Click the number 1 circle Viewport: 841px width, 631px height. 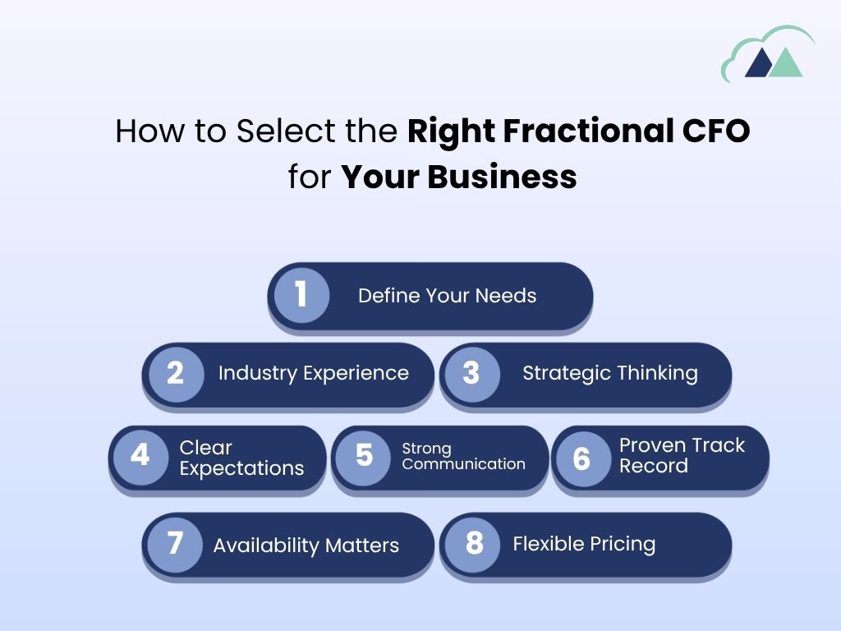(301, 294)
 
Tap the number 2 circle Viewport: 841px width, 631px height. (176, 374)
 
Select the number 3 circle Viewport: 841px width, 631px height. (471, 374)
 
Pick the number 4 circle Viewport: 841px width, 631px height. (140, 456)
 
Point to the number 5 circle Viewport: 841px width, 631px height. (365, 456)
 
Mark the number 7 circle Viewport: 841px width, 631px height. (176, 544)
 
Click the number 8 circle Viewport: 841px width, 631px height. (473, 544)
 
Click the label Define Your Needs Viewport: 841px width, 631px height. (447, 296)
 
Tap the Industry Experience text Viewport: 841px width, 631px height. (313, 373)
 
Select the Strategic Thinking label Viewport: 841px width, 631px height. (609, 373)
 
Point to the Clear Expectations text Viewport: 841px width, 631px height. (241, 458)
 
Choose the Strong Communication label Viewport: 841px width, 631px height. (463, 456)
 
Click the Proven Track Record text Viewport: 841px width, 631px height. (682, 455)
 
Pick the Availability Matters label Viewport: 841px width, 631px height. (306, 545)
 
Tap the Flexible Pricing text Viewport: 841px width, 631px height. (584, 544)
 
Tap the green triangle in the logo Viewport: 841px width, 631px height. (786, 62)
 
